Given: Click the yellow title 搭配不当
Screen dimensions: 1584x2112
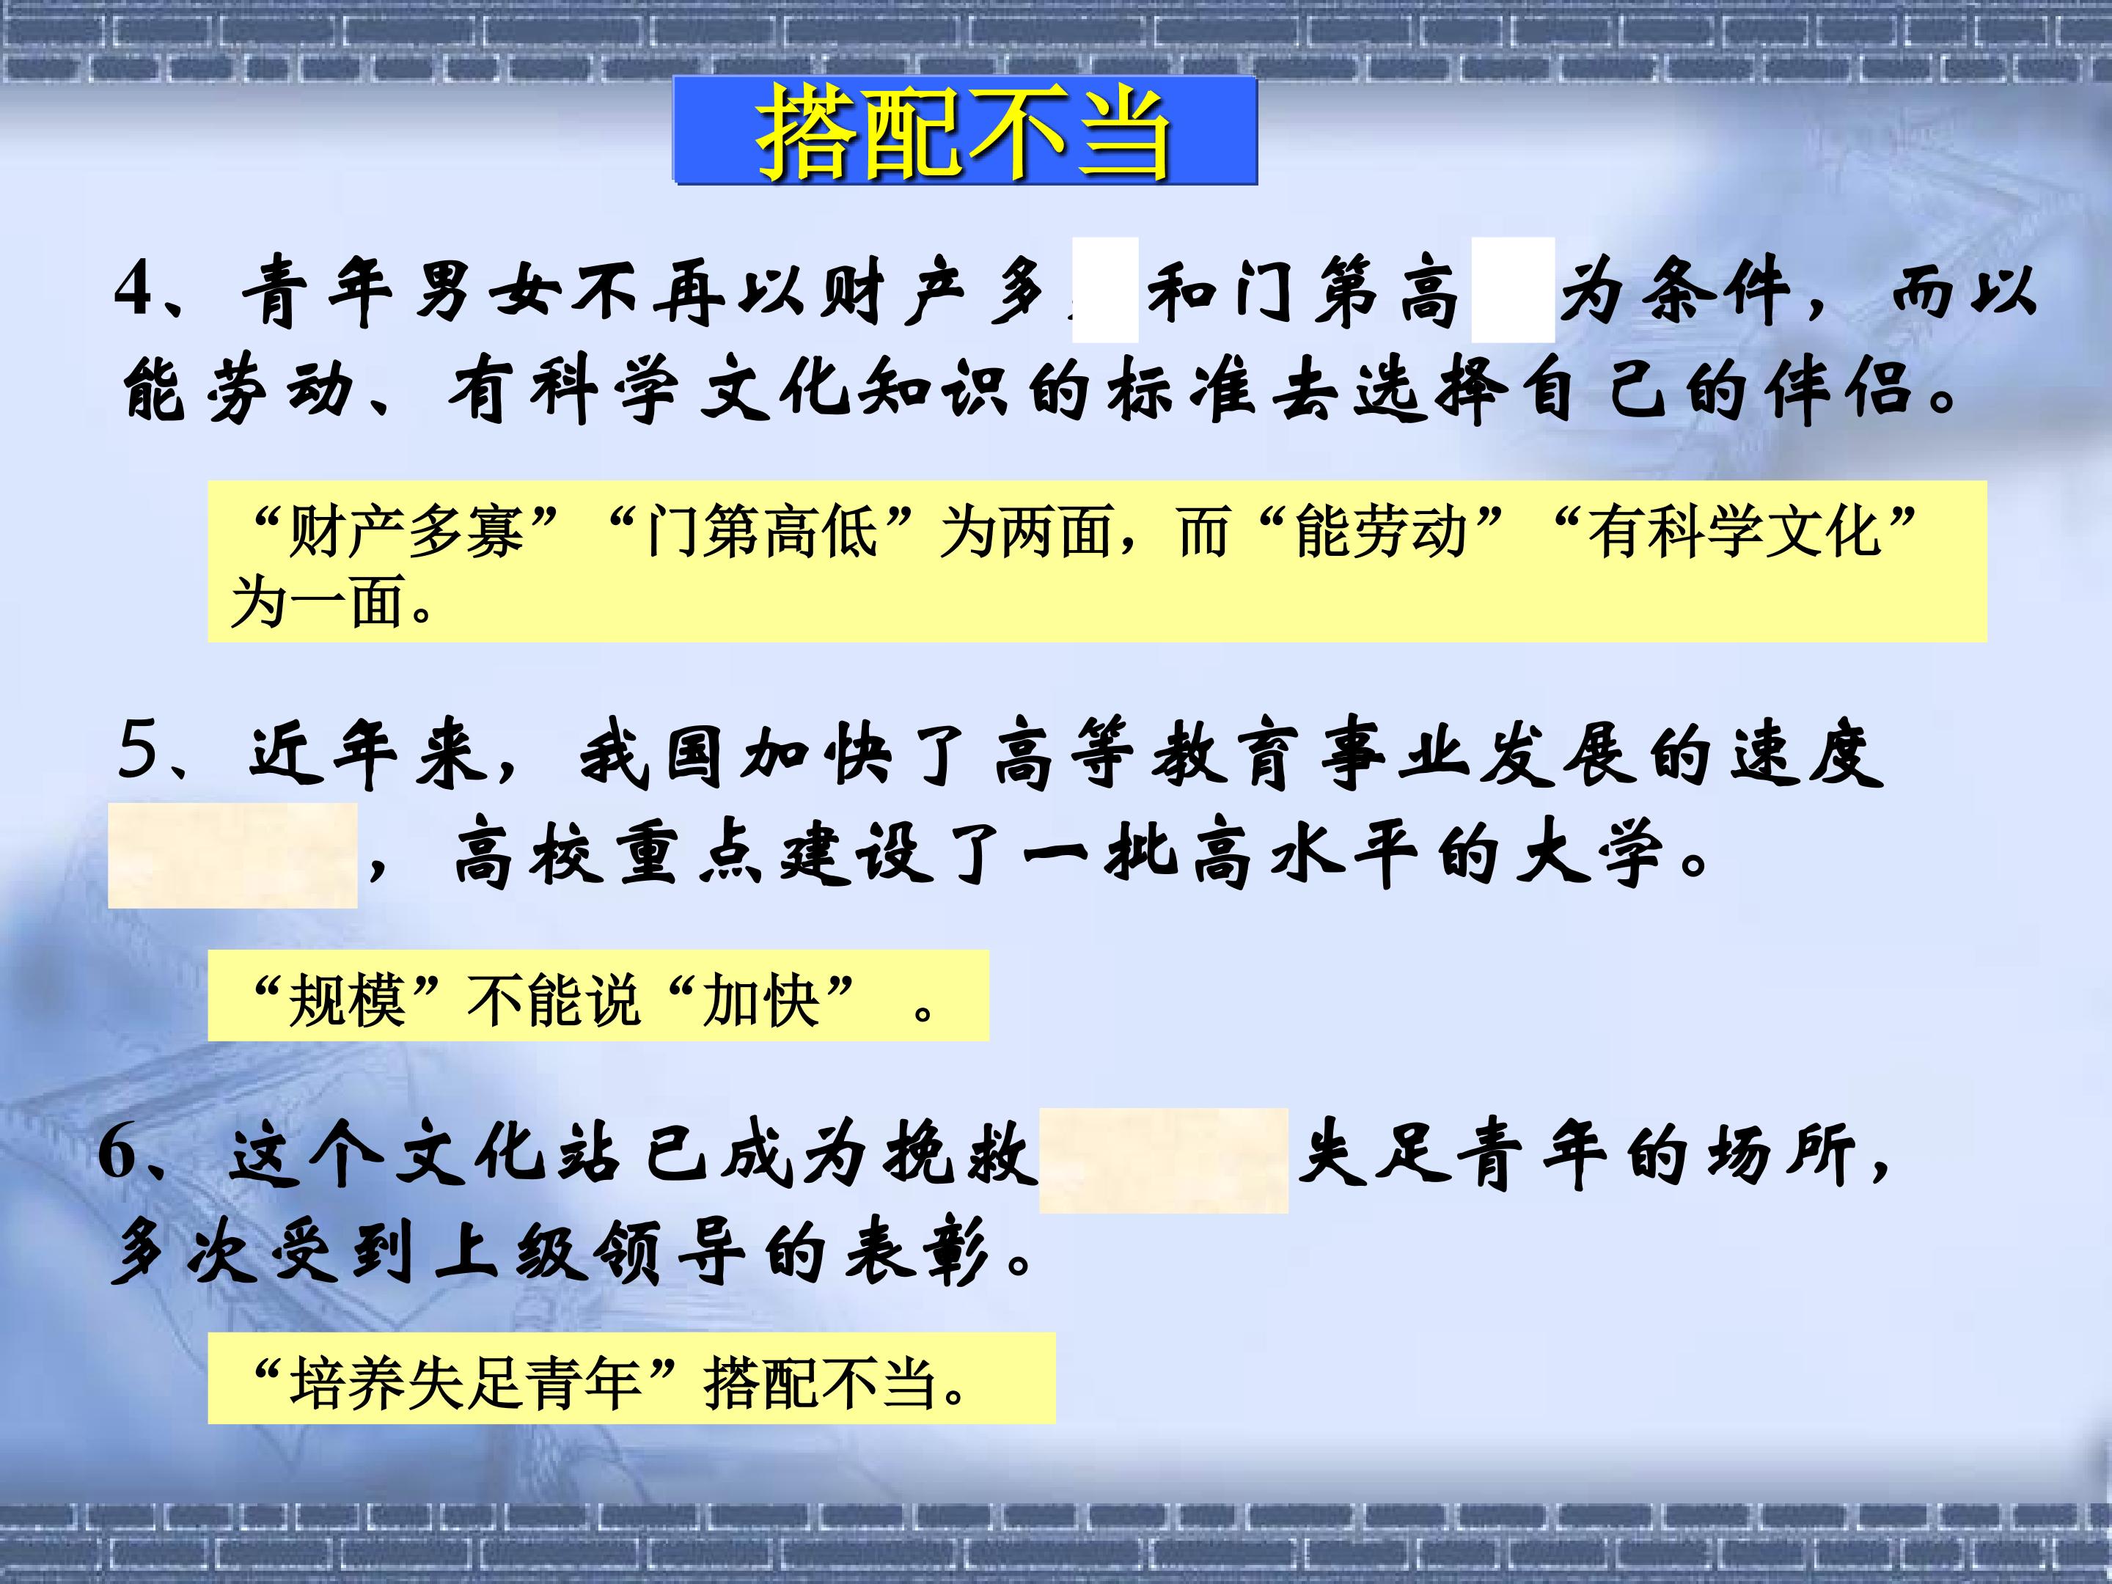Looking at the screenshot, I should click(x=964, y=132).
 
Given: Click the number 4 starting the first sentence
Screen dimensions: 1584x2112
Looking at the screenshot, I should click(x=136, y=290).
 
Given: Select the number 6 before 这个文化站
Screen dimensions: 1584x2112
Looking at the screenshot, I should click(x=120, y=1154).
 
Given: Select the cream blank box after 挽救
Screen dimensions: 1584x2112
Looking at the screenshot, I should click(x=1163, y=1160).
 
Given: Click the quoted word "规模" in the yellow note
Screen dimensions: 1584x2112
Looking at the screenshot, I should click(x=348, y=1000).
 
